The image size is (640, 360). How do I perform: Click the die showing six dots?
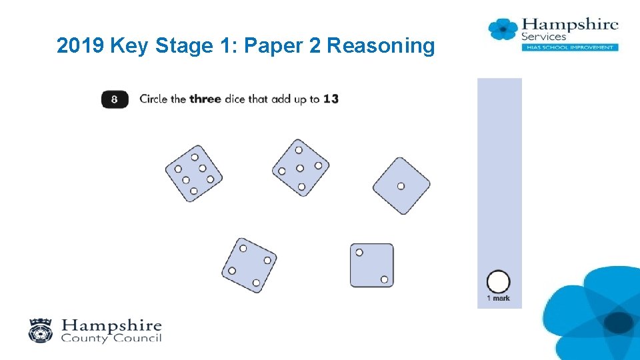click(x=194, y=173)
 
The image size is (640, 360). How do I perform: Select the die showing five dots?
click(x=301, y=168)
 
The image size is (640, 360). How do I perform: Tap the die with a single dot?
click(x=401, y=186)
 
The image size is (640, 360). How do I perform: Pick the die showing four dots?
click(x=249, y=265)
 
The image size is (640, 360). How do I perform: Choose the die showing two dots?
click(x=372, y=265)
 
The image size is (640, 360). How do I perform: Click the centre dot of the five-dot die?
click(x=300, y=168)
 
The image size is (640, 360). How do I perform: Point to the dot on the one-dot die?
click(x=401, y=186)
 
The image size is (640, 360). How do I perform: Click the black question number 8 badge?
click(x=115, y=99)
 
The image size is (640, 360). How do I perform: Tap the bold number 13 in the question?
click(x=331, y=99)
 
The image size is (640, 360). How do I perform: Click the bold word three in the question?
click(x=205, y=99)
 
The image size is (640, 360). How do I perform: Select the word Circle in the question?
click(x=153, y=99)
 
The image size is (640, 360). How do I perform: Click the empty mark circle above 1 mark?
click(x=499, y=281)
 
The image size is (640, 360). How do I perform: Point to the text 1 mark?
click(x=499, y=299)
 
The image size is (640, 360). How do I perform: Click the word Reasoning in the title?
click(x=381, y=46)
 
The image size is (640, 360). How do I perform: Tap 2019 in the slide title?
click(x=80, y=45)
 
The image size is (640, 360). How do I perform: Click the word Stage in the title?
click(x=184, y=46)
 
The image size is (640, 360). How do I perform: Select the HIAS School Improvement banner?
click(x=570, y=47)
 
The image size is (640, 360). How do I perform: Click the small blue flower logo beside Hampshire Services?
click(x=503, y=29)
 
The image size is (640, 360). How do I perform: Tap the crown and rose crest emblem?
click(x=41, y=330)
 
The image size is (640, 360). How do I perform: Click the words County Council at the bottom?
click(x=111, y=338)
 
